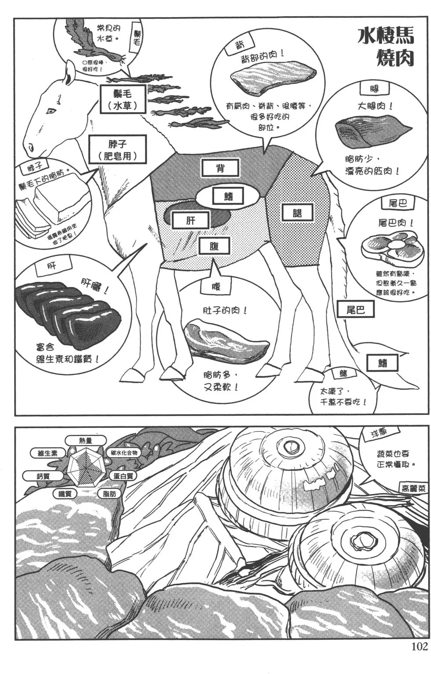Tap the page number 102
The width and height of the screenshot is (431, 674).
coord(419,646)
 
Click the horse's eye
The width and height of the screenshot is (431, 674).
coord(51,110)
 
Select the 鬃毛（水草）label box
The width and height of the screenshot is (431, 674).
coord(122,99)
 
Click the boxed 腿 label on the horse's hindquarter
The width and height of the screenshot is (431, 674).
coord(297,213)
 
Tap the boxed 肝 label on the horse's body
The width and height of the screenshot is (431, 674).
coord(190,220)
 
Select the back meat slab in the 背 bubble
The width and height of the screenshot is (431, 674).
coord(273,79)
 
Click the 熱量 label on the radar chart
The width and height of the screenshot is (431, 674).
coord(86,440)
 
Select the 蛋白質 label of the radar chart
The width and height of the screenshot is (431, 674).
coord(123,476)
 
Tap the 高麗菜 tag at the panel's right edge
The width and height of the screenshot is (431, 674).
coord(413,488)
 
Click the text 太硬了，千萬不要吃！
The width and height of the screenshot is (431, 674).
coord(343,396)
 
